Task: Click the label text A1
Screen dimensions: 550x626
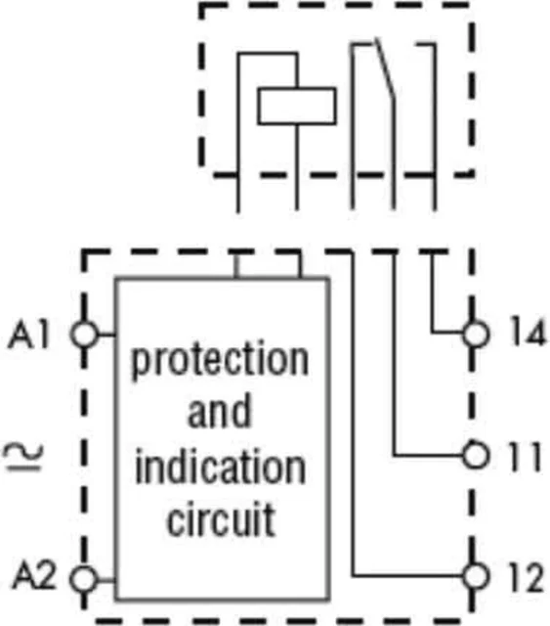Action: [29, 335]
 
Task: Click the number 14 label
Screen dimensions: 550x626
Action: [528, 331]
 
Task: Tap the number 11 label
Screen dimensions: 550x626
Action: [524, 457]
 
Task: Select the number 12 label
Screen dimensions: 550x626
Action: [526, 577]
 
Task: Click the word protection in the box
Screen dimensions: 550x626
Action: [220, 361]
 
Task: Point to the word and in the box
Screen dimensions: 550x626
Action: [220, 411]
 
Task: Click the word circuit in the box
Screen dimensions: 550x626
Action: [221, 519]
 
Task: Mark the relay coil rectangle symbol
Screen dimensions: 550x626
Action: [297, 106]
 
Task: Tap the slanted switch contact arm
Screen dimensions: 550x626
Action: [385, 67]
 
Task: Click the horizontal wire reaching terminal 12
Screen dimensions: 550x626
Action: [407, 576]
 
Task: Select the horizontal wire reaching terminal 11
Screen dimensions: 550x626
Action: [428, 455]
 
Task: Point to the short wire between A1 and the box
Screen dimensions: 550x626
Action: [106, 335]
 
